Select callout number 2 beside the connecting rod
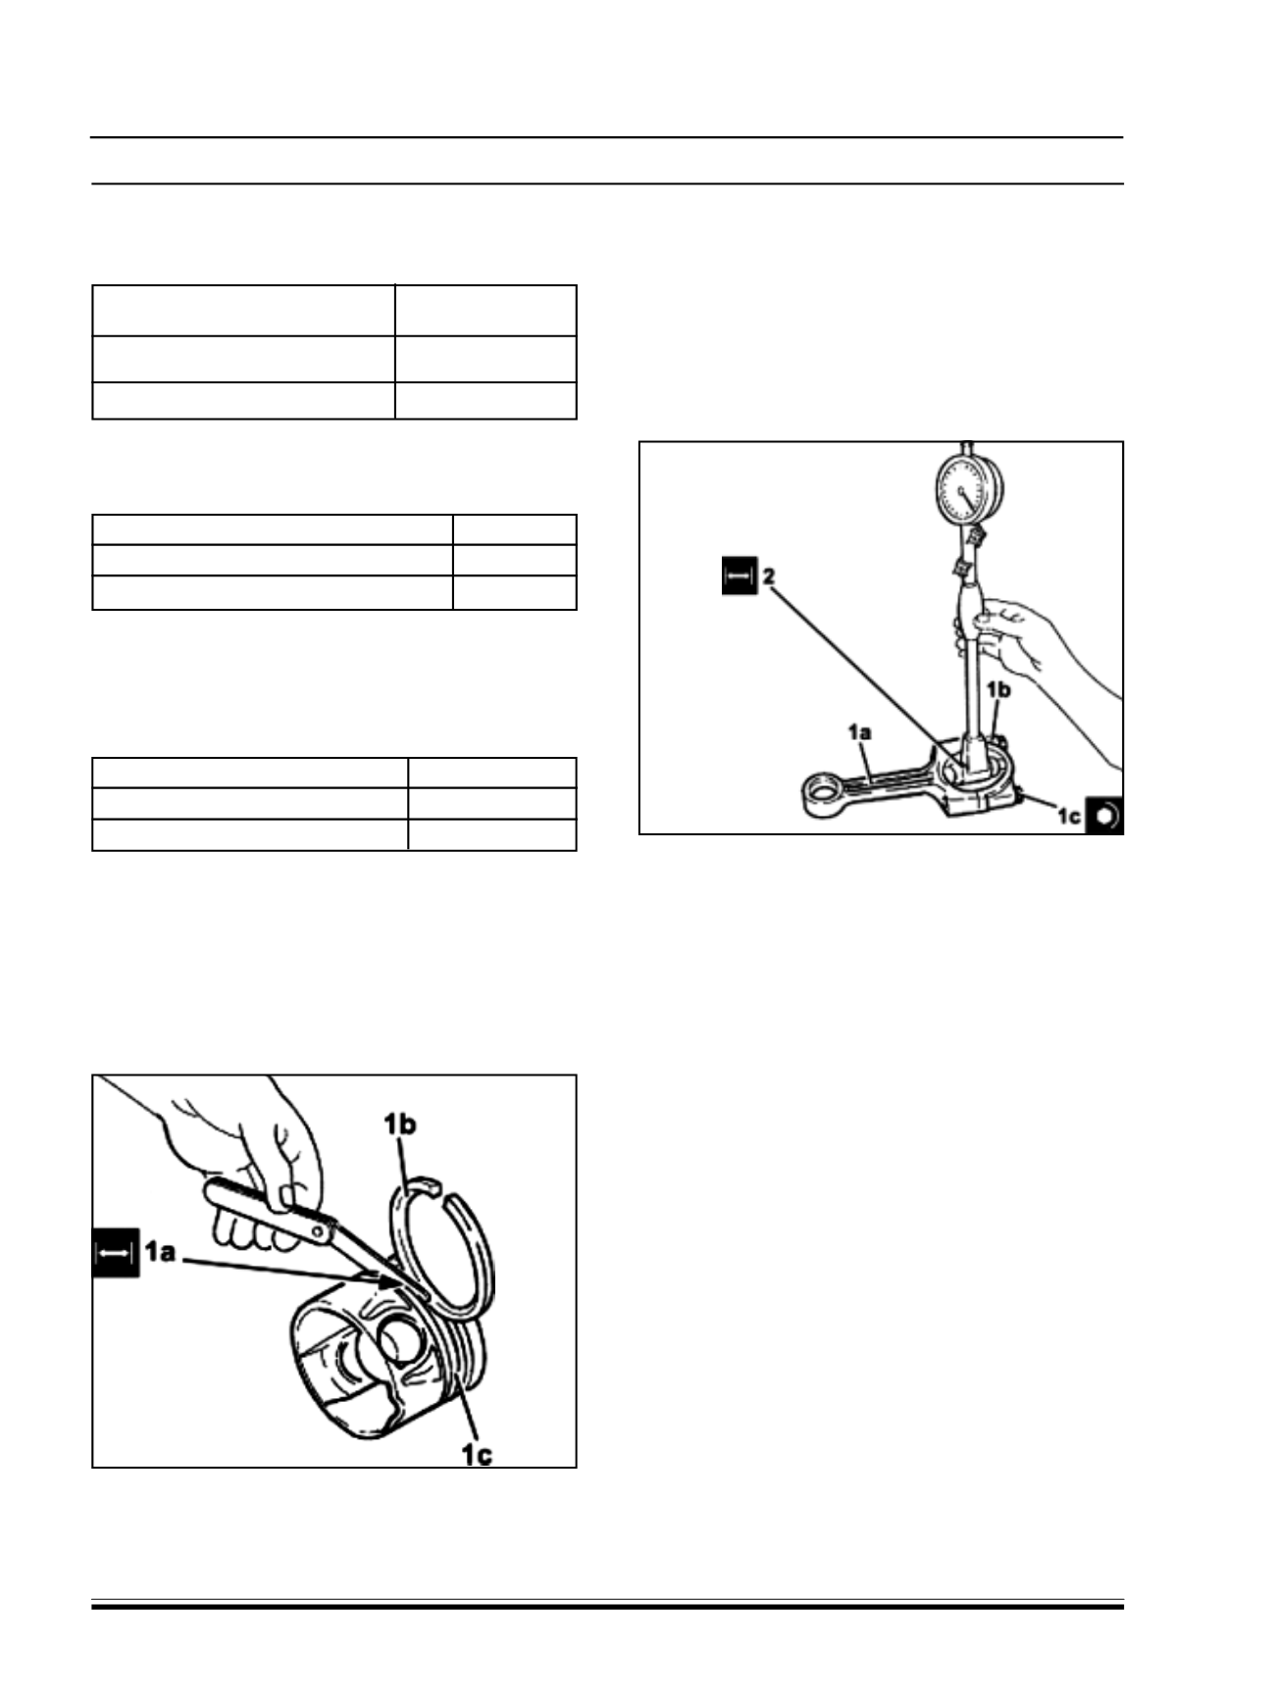point(770,575)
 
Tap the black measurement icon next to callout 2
point(739,576)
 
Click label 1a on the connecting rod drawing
point(859,732)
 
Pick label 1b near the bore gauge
point(997,690)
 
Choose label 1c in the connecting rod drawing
point(1068,815)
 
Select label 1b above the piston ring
point(399,1125)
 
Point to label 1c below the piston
point(477,1454)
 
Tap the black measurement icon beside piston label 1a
point(114,1254)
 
